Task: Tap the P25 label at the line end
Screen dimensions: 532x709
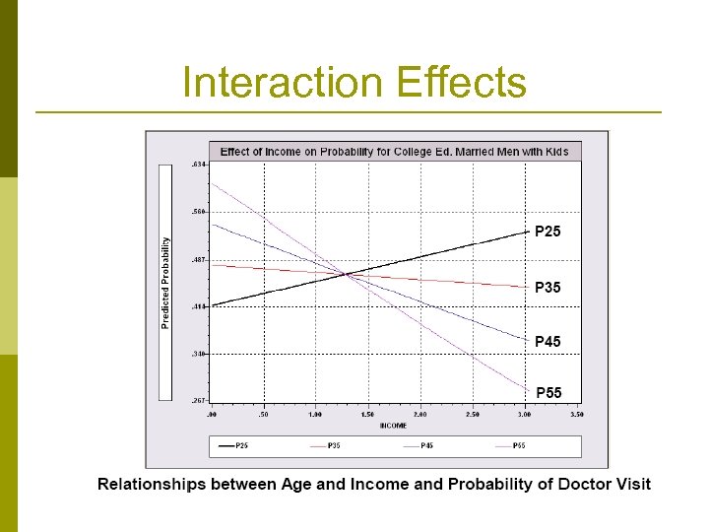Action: click(x=548, y=233)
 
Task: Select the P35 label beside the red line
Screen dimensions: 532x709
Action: click(x=548, y=288)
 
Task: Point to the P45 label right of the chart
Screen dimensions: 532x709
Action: click(x=548, y=342)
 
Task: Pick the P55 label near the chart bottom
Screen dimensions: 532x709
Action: click(x=548, y=393)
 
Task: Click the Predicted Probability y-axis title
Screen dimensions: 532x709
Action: click(x=165, y=283)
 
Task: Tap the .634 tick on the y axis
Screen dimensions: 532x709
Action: click(x=198, y=165)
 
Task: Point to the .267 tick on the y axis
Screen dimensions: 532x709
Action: click(x=198, y=401)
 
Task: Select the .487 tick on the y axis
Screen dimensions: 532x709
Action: click(x=198, y=259)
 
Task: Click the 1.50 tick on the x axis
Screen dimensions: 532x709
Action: click(x=368, y=415)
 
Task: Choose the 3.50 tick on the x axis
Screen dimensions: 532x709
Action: click(x=577, y=415)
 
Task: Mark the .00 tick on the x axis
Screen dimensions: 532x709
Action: click(x=213, y=415)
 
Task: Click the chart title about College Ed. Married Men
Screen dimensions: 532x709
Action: click(x=394, y=152)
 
